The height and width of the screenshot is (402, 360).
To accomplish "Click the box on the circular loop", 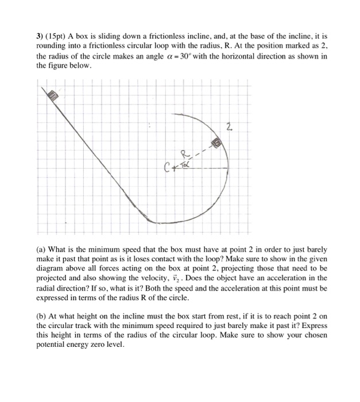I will pyautogui.click(x=217, y=142).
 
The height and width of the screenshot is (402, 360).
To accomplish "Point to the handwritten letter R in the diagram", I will pyautogui.click(x=184, y=153).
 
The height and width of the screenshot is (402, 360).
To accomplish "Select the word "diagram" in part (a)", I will pyautogui.click(x=54, y=269).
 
